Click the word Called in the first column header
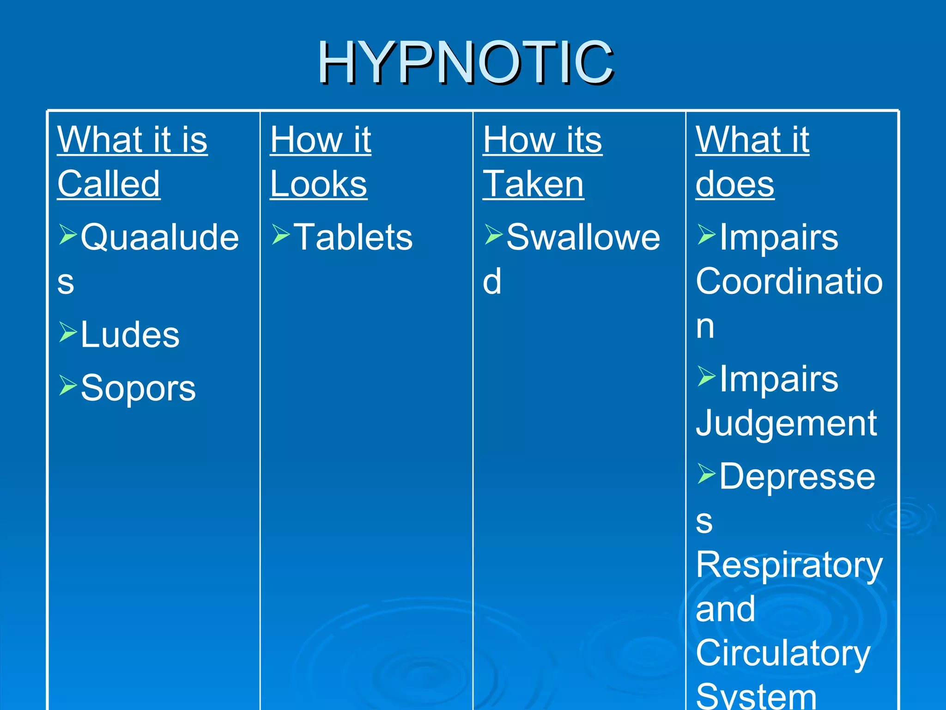point(109,184)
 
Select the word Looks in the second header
point(318,184)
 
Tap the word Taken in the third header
point(533,184)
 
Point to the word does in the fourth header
point(734,184)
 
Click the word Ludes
point(130,335)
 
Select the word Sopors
point(138,388)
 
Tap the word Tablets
point(353,237)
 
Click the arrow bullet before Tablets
point(280,234)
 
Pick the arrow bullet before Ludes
point(67,332)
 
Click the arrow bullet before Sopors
point(67,385)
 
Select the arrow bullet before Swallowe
point(493,234)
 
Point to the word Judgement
point(786,423)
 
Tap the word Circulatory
point(783,653)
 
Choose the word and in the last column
point(725,609)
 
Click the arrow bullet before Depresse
point(706,474)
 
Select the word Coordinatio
point(789,282)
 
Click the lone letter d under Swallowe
point(492,282)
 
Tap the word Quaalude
point(159,237)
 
